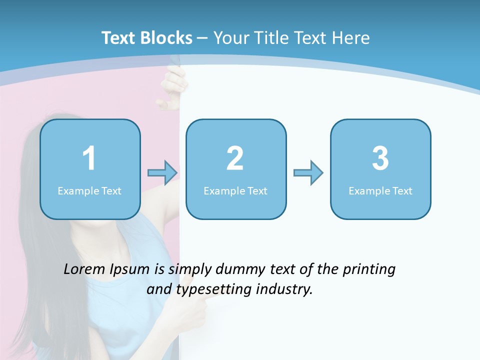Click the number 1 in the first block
pos(89,159)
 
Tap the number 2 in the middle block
pos(235,159)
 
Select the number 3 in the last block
pos(380,159)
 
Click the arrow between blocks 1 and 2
pos(162,173)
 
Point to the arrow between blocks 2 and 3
pos(308,173)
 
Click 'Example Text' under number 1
pos(89,191)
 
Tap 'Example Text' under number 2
pos(235,191)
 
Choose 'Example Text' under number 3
pos(380,191)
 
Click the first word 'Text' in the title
pos(119,38)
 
